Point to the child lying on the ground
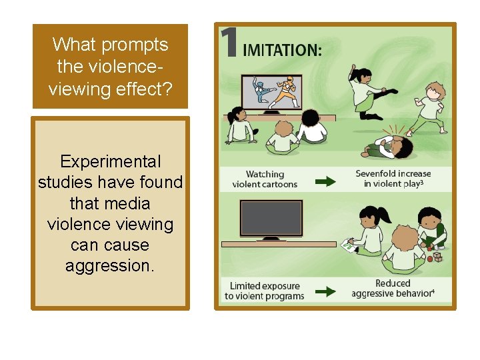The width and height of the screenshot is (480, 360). (x=385, y=145)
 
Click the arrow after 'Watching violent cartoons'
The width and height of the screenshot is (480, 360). (x=325, y=180)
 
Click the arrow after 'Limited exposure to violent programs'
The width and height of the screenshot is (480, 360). (x=325, y=292)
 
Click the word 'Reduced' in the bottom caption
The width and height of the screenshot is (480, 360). (x=393, y=283)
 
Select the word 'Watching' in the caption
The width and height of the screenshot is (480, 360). (x=265, y=175)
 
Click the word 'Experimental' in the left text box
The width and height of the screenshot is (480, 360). (x=110, y=162)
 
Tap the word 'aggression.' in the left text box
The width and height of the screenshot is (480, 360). (x=110, y=266)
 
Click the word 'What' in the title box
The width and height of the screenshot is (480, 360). (x=70, y=45)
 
